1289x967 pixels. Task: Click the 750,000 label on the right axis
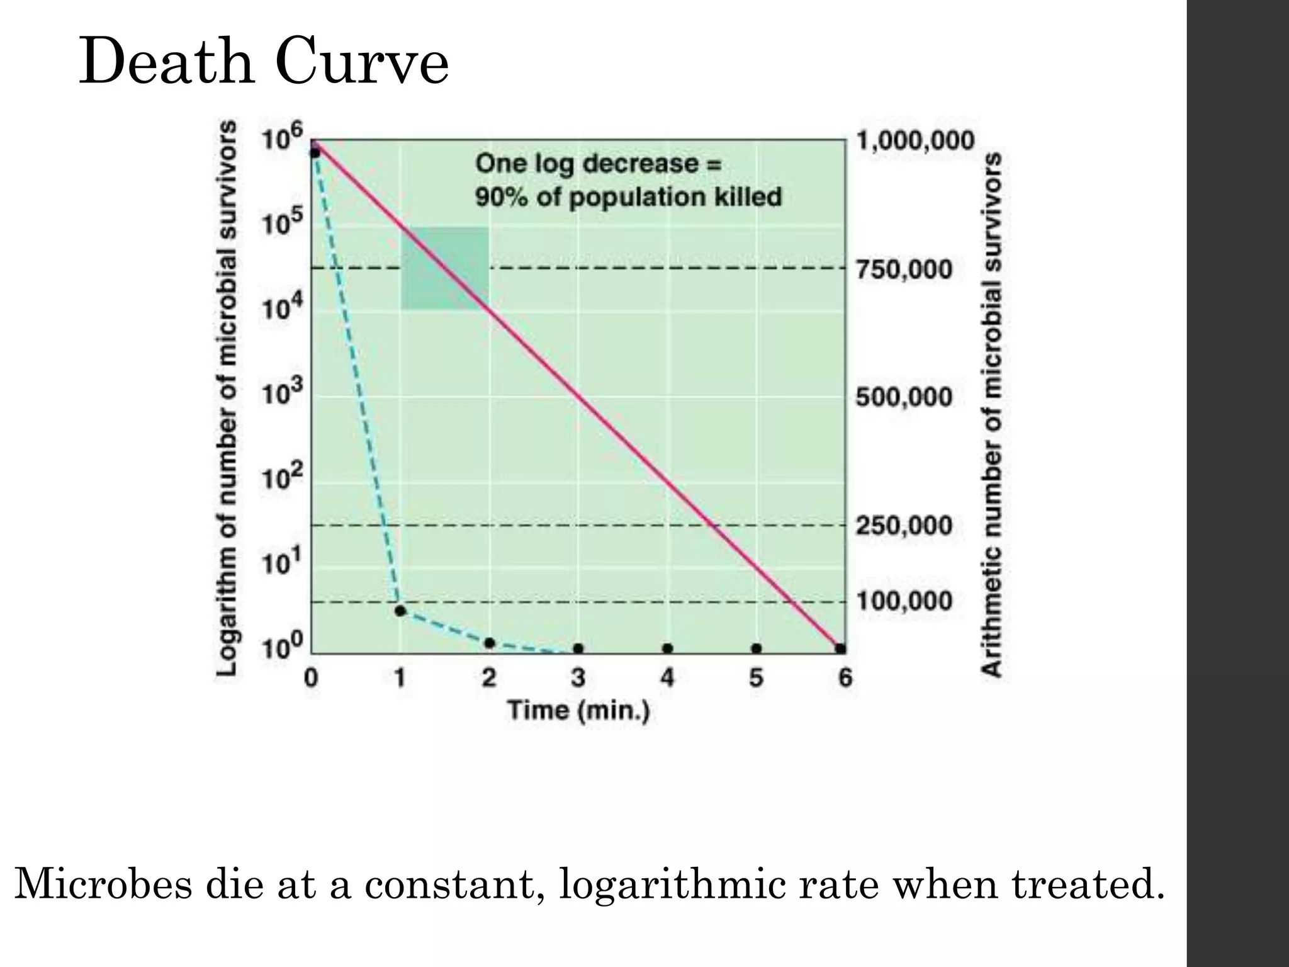coord(904,270)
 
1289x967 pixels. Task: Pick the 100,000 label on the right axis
coord(904,601)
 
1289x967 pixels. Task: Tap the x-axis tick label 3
coord(578,678)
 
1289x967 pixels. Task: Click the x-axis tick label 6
coord(845,678)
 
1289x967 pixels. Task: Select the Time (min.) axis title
coord(578,711)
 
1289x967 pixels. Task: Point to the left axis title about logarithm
coord(228,398)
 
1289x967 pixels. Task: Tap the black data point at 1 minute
coord(400,610)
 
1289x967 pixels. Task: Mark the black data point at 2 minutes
coord(489,643)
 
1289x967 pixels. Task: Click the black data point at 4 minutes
coord(667,648)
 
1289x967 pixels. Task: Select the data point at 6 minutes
coord(840,648)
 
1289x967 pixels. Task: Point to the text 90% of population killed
coord(628,198)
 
